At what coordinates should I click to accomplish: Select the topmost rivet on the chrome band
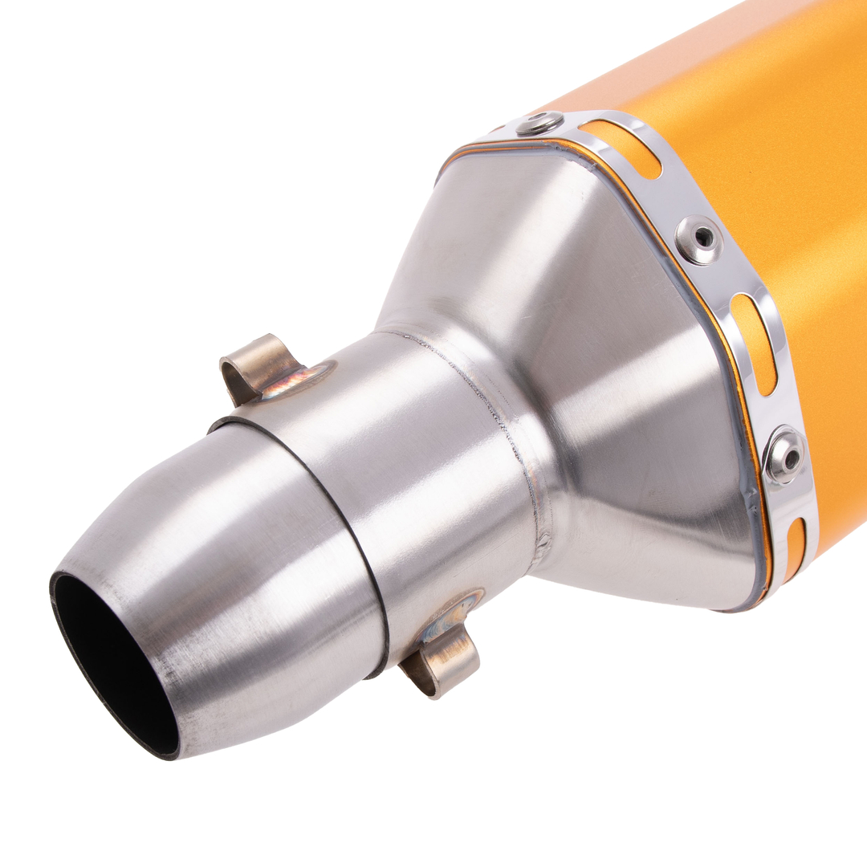[x=539, y=123]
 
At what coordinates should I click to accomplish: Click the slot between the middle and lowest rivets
[x=754, y=342]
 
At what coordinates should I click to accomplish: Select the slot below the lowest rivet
[x=796, y=546]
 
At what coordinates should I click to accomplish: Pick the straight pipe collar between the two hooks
[x=417, y=474]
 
